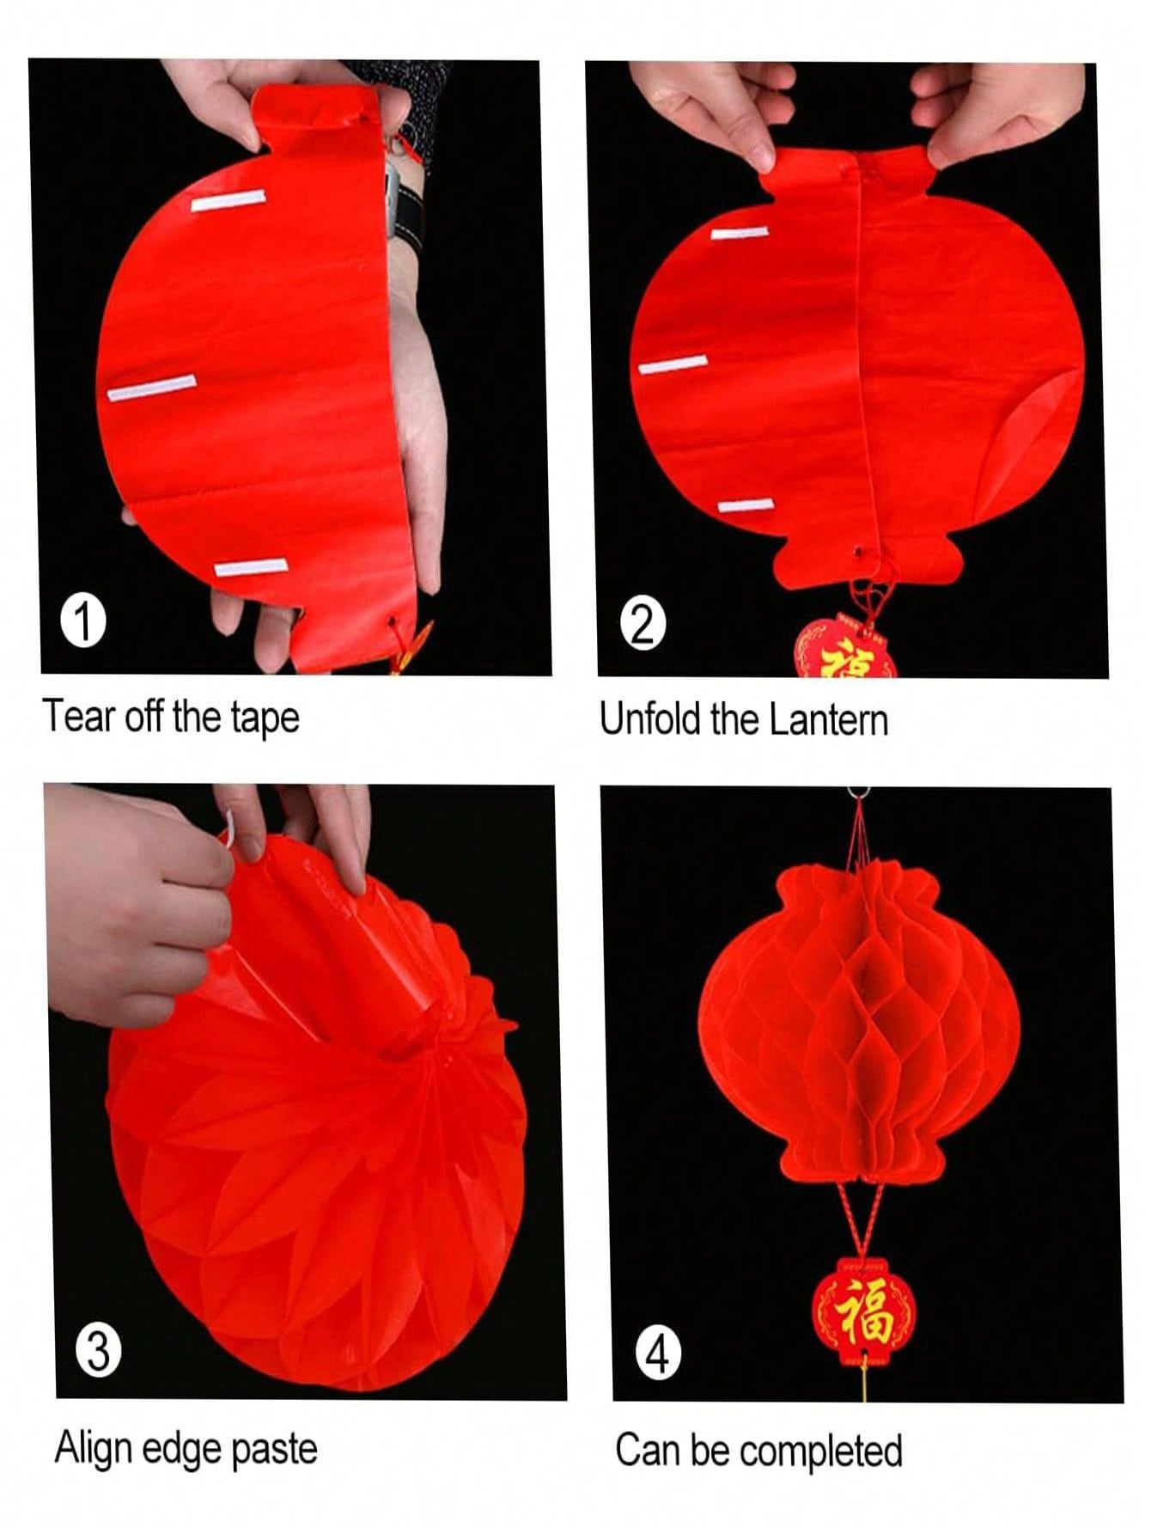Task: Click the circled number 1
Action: (x=84, y=620)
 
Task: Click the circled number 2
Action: (x=642, y=624)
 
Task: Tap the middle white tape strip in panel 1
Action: (x=152, y=388)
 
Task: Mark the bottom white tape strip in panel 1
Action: (x=251, y=568)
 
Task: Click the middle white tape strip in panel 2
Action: (x=673, y=365)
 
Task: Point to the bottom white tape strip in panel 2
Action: (x=746, y=505)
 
